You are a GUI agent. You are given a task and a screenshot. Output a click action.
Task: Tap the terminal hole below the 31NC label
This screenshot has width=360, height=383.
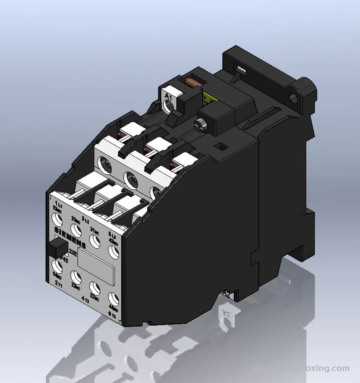(94, 241)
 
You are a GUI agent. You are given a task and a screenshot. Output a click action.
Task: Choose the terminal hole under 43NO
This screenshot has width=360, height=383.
(114, 251)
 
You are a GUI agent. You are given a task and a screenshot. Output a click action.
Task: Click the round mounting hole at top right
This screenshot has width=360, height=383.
(296, 97)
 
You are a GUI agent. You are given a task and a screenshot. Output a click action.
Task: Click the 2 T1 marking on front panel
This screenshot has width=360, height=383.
(58, 283)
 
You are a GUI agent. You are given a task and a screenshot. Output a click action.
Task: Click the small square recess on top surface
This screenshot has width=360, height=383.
(219, 147)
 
